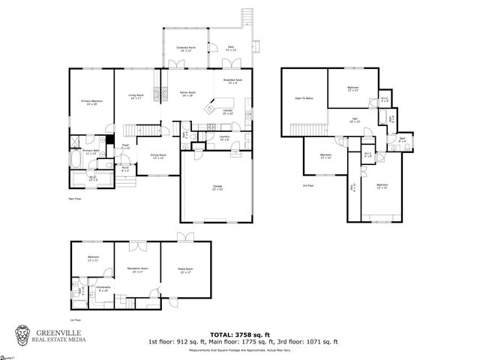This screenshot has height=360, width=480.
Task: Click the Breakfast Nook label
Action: tap(232, 80)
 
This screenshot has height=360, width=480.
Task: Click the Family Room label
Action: tap(187, 94)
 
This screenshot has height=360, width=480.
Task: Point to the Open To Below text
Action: tap(304, 98)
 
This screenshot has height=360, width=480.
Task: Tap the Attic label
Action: tap(353, 185)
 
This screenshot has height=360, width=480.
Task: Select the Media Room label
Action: tap(185, 270)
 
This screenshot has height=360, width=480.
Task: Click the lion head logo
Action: tap(25, 335)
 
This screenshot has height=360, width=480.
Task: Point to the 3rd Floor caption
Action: tap(307, 185)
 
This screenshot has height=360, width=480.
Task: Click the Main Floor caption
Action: tap(74, 199)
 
